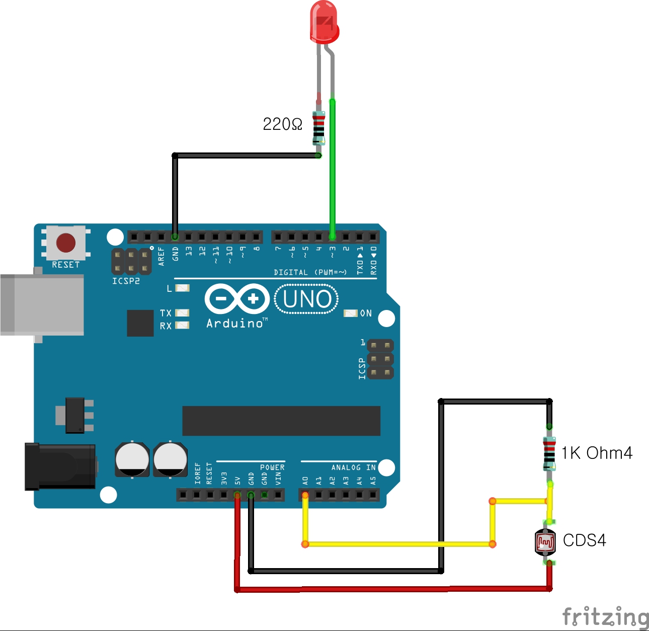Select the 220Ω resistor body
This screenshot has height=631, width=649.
tap(318, 128)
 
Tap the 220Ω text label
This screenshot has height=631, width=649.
tap(282, 124)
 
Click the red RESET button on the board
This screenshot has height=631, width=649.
tap(66, 243)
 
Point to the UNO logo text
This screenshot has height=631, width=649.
tap(307, 299)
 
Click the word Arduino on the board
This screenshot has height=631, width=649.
tap(234, 324)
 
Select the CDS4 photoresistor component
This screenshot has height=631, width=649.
tap(545, 542)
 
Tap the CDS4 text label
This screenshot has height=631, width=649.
tap(584, 540)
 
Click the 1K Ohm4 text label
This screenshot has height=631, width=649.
tap(597, 453)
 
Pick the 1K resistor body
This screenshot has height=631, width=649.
tap(549, 454)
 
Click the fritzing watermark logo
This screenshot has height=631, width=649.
tap(605, 617)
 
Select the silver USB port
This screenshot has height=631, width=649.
tap(42, 304)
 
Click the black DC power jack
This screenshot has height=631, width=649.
tap(60, 466)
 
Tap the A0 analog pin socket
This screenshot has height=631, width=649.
tap(305, 495)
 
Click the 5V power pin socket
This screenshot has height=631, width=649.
tap(237, 495)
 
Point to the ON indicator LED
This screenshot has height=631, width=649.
tap(350, 313)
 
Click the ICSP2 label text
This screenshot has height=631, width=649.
tap(126, 281)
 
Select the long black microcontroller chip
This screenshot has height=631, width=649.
tap(281, 421)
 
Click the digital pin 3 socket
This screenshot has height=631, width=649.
tap(332, 236)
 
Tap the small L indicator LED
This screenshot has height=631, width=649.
tap(182, 288)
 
